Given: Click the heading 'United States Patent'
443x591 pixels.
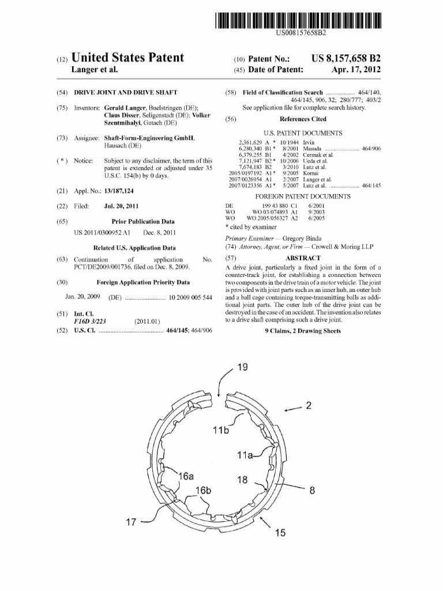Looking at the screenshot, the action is [x=127, y=58].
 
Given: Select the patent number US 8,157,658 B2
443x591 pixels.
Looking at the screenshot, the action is [x=346, y=58].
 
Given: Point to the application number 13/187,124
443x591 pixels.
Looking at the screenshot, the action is [x=119, y=190].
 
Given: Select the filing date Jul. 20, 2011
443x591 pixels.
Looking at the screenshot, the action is [x=121, y=206].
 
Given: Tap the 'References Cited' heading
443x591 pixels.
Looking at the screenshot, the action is [x=302, y=119].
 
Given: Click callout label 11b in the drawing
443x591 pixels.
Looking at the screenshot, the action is [x=220, y=430].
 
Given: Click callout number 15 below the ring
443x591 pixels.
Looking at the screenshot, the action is [x=280, y=533].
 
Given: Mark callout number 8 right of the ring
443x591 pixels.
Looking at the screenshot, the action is [x=312, y=491].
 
